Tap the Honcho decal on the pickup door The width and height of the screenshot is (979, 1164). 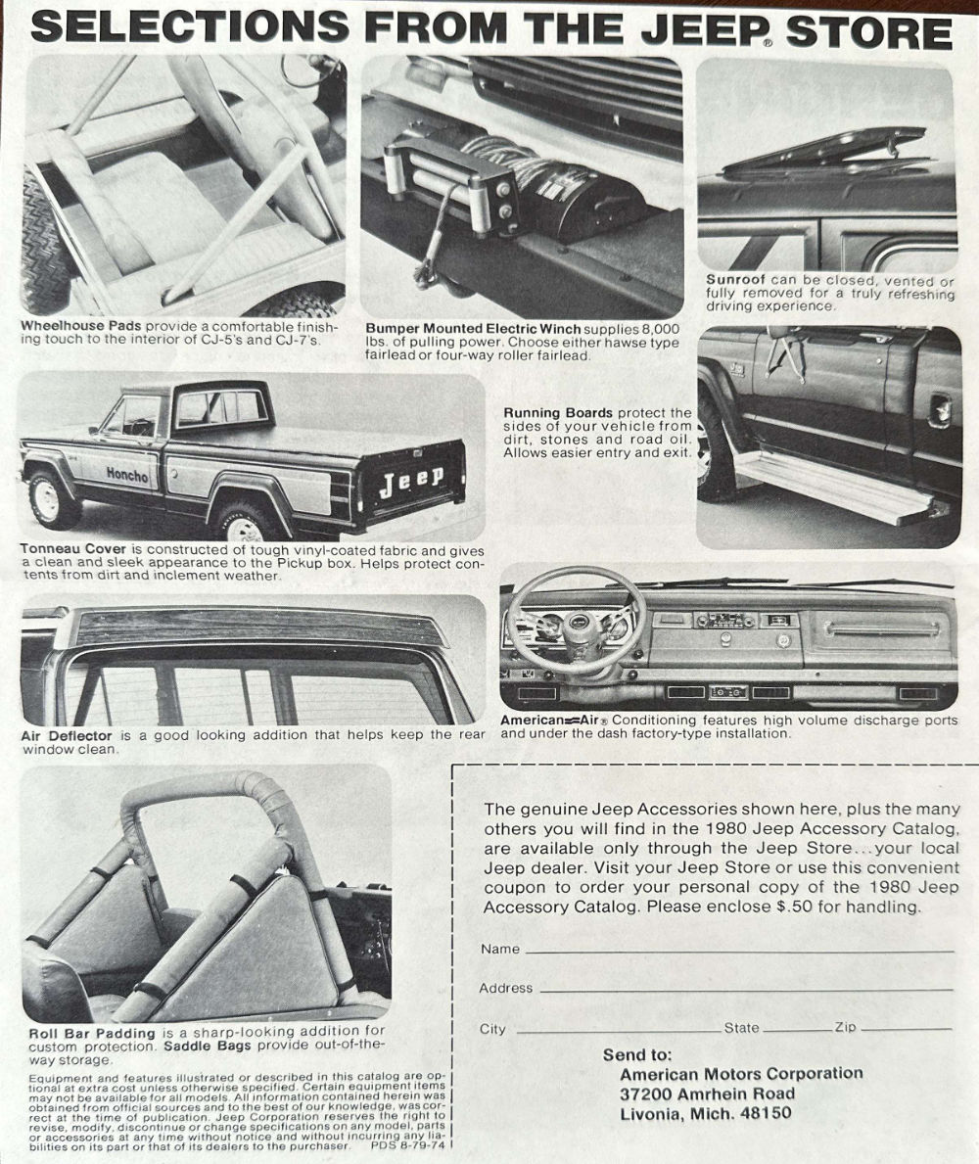pyautogui.click(x=126, y=475)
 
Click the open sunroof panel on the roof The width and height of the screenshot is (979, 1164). pyautogui.click(x=822, y=152)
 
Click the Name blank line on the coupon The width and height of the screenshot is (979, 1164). pyautogui.click(x=739, y=950)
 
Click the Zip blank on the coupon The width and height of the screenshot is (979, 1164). pyautogui.click(x=906, y=1029)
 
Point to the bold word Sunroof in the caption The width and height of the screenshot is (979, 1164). pyautogui.click(x=736, y=280)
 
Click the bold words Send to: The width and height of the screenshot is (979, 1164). pyautogui.click(x=637, y=1054)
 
